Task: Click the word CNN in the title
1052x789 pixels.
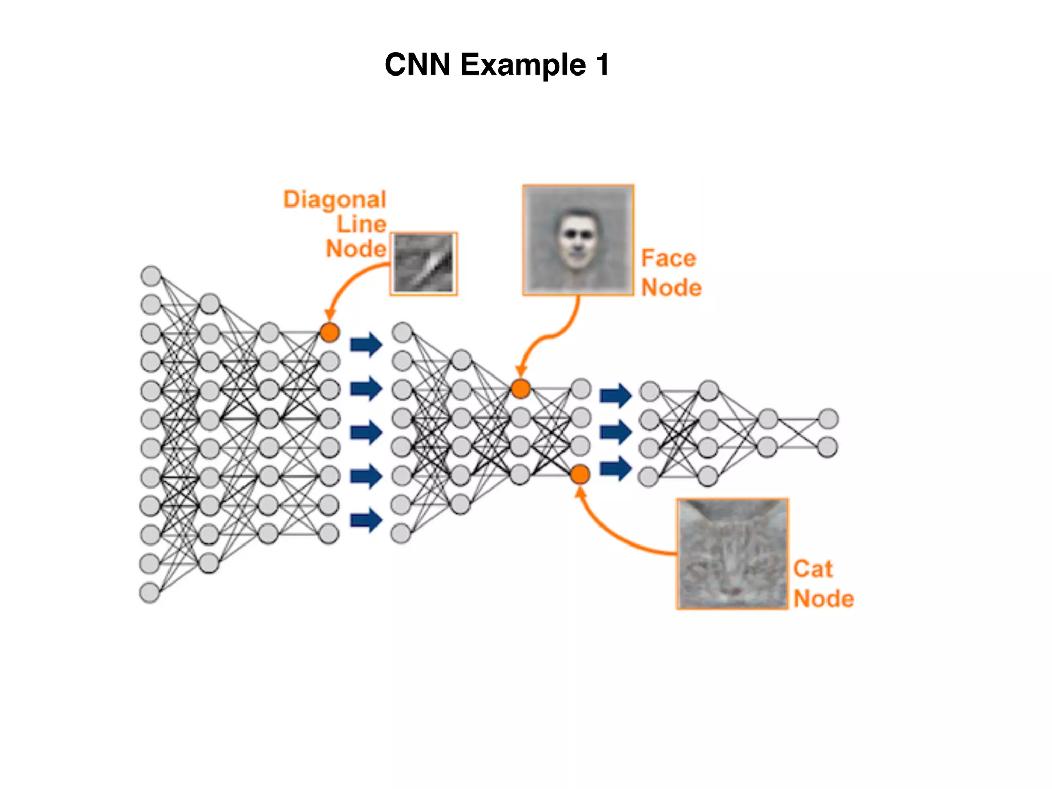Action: [x=417, y=65]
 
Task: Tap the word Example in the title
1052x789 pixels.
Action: [x=523, y=66]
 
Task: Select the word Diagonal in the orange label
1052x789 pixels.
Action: [x=334, y=199]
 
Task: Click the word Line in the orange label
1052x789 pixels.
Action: [x=361, y=224]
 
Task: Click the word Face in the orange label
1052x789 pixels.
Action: [x=668, y=258]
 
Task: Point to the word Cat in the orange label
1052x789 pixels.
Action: [x=812, y=569]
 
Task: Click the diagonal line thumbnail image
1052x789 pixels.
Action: [x=424, y=264]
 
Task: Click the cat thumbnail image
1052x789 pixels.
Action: [x=732, y=554]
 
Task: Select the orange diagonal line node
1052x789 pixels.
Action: [x=329, y=332]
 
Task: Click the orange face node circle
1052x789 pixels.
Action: [x=520, y=388]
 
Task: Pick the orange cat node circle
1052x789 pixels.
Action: [x=580, y=475]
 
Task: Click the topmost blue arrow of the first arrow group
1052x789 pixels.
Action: [x=366, y=344]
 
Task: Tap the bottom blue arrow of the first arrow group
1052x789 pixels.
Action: [x=366, y=520]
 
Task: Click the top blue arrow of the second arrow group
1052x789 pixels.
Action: [x=616, y=395]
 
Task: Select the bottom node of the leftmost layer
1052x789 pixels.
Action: [x=149, y=592]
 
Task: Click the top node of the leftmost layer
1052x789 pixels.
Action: [x=151, y=276]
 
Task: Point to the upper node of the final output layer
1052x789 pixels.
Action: [x=828, y=419]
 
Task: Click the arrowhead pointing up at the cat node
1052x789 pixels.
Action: [x=580, y=492]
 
